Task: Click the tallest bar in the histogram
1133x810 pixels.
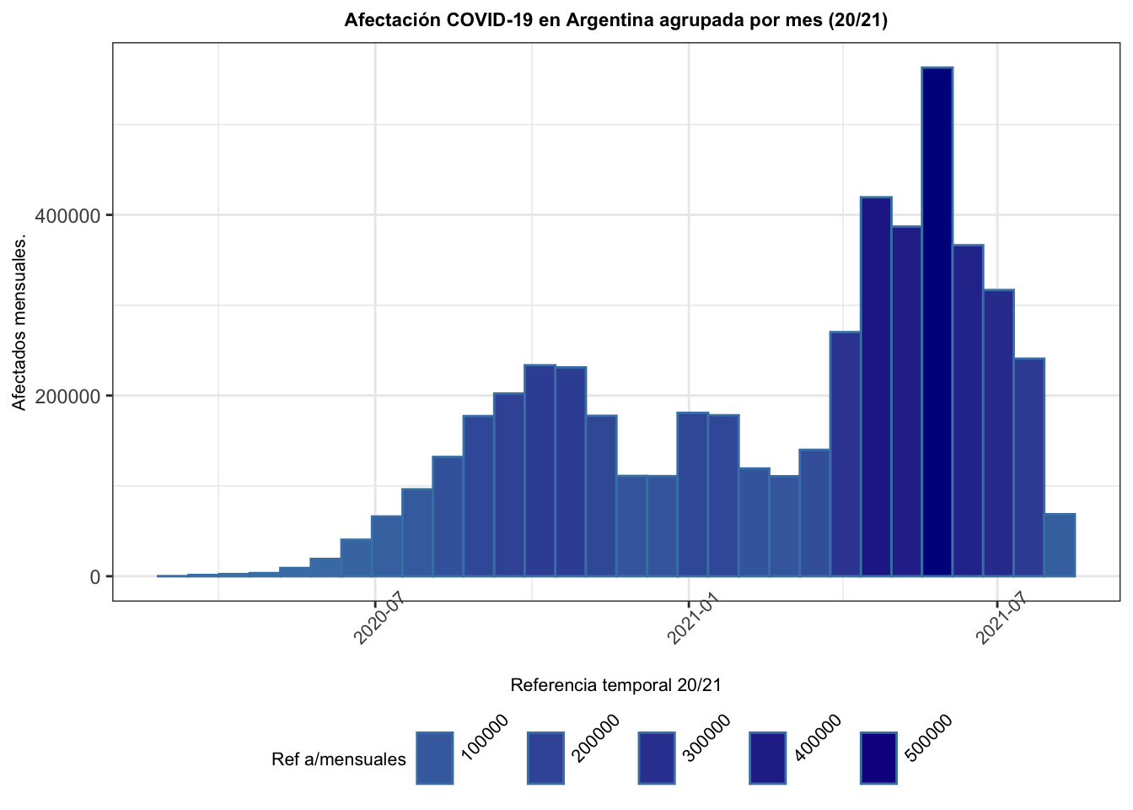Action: point(937,321)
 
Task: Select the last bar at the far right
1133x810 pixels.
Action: point(1060,545)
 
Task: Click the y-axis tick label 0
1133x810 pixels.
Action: point(96,577)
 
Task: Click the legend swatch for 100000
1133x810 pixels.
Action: point(434,758)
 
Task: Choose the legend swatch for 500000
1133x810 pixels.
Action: point(878,758)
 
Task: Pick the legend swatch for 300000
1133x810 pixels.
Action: point(656,758)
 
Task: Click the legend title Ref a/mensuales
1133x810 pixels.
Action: point(338,759)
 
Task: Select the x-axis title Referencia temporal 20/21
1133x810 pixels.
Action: point(615,685)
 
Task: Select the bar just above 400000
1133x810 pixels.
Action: point(876,386)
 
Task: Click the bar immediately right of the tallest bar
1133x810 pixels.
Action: point(968,410)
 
